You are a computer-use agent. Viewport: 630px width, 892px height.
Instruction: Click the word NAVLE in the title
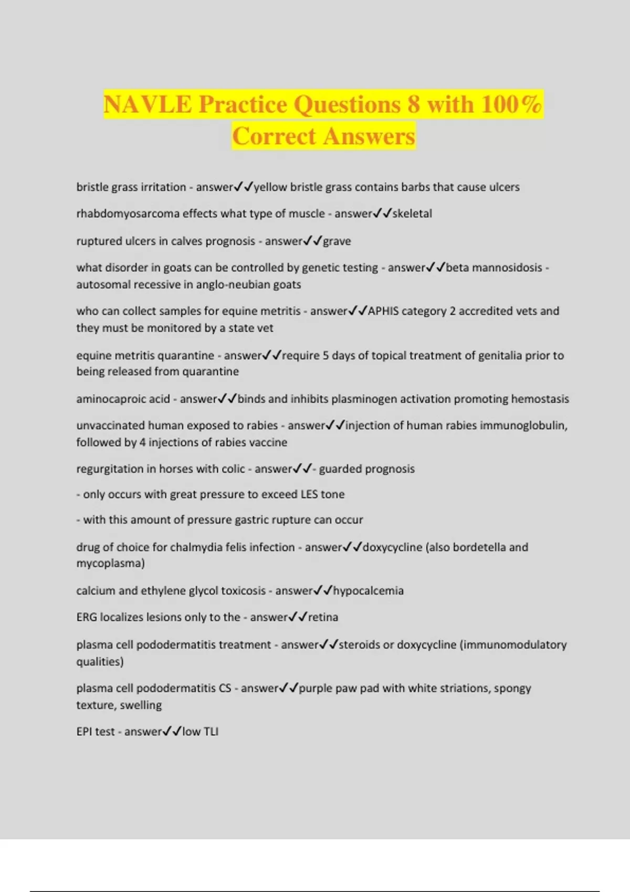coord(148,104)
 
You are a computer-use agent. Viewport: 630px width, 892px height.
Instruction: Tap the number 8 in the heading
coord(414,104)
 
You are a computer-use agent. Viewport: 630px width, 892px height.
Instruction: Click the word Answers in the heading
coord(369,136)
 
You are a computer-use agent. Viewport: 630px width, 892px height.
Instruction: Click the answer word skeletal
coord(412,214)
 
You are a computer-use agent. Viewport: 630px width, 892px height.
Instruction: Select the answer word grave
coord(337,241)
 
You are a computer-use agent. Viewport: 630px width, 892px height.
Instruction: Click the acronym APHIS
coord(384,311)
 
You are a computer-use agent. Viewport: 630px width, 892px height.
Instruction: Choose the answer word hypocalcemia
coord(369,591)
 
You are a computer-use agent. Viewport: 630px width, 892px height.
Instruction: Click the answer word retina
coord(323,617)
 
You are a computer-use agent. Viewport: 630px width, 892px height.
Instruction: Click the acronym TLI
coord(211,731)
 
